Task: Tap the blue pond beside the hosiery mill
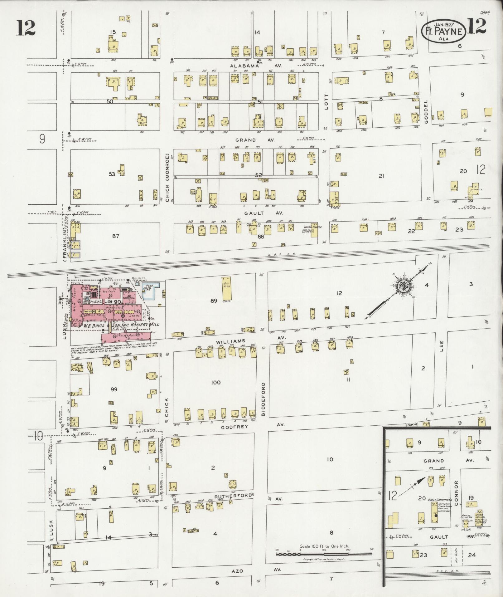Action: pyautogui.click(x=151, y=290)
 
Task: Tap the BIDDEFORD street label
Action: pyautogui.click(x=263, y=399)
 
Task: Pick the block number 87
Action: pyautogui.click(x=116, y=236)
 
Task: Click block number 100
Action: pyautogui.click(x=216, y=382)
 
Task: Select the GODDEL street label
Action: pyautogui.click(x=427, y=112)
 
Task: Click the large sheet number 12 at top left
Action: pyautogui.click(x=26, y=28)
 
